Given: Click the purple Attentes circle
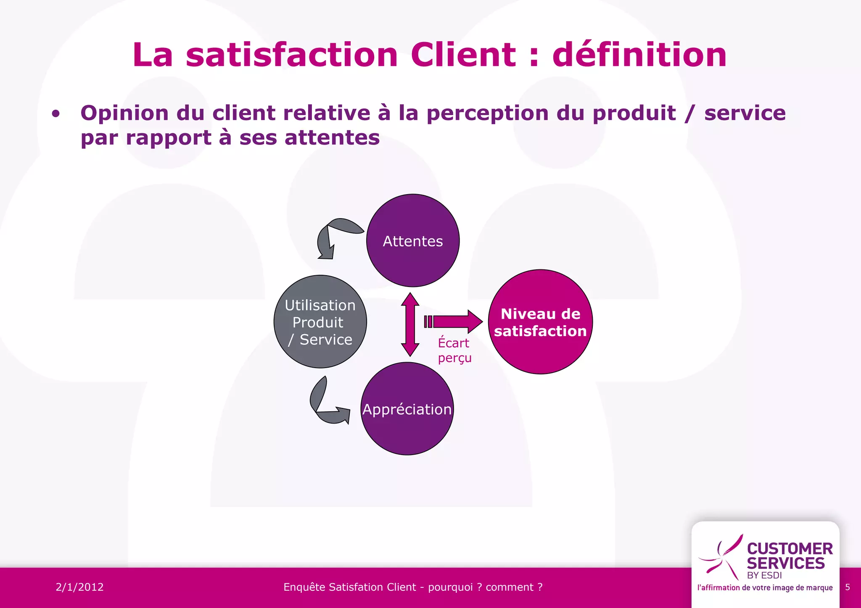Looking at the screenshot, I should [413, 241].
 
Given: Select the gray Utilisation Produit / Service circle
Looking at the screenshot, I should [320, 322].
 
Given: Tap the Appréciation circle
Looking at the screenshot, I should [407, 409].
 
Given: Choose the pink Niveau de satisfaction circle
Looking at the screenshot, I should [540, 322].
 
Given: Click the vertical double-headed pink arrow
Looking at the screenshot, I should [410, 324].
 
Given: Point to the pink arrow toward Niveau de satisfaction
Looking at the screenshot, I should [454, 322].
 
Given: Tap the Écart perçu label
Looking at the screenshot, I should [454, 350].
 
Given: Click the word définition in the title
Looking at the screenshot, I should [639, 55].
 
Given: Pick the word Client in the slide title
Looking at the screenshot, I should [463, 55].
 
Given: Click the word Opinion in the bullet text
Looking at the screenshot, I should [124, 113].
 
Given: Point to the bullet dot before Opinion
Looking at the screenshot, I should [55, 114].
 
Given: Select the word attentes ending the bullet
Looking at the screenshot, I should [332, 138].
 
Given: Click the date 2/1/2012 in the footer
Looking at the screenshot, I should [79, 587].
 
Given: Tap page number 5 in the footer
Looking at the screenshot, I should [848, 587].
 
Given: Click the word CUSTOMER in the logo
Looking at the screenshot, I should [790, 548].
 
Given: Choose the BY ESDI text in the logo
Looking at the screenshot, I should [764, 575].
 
